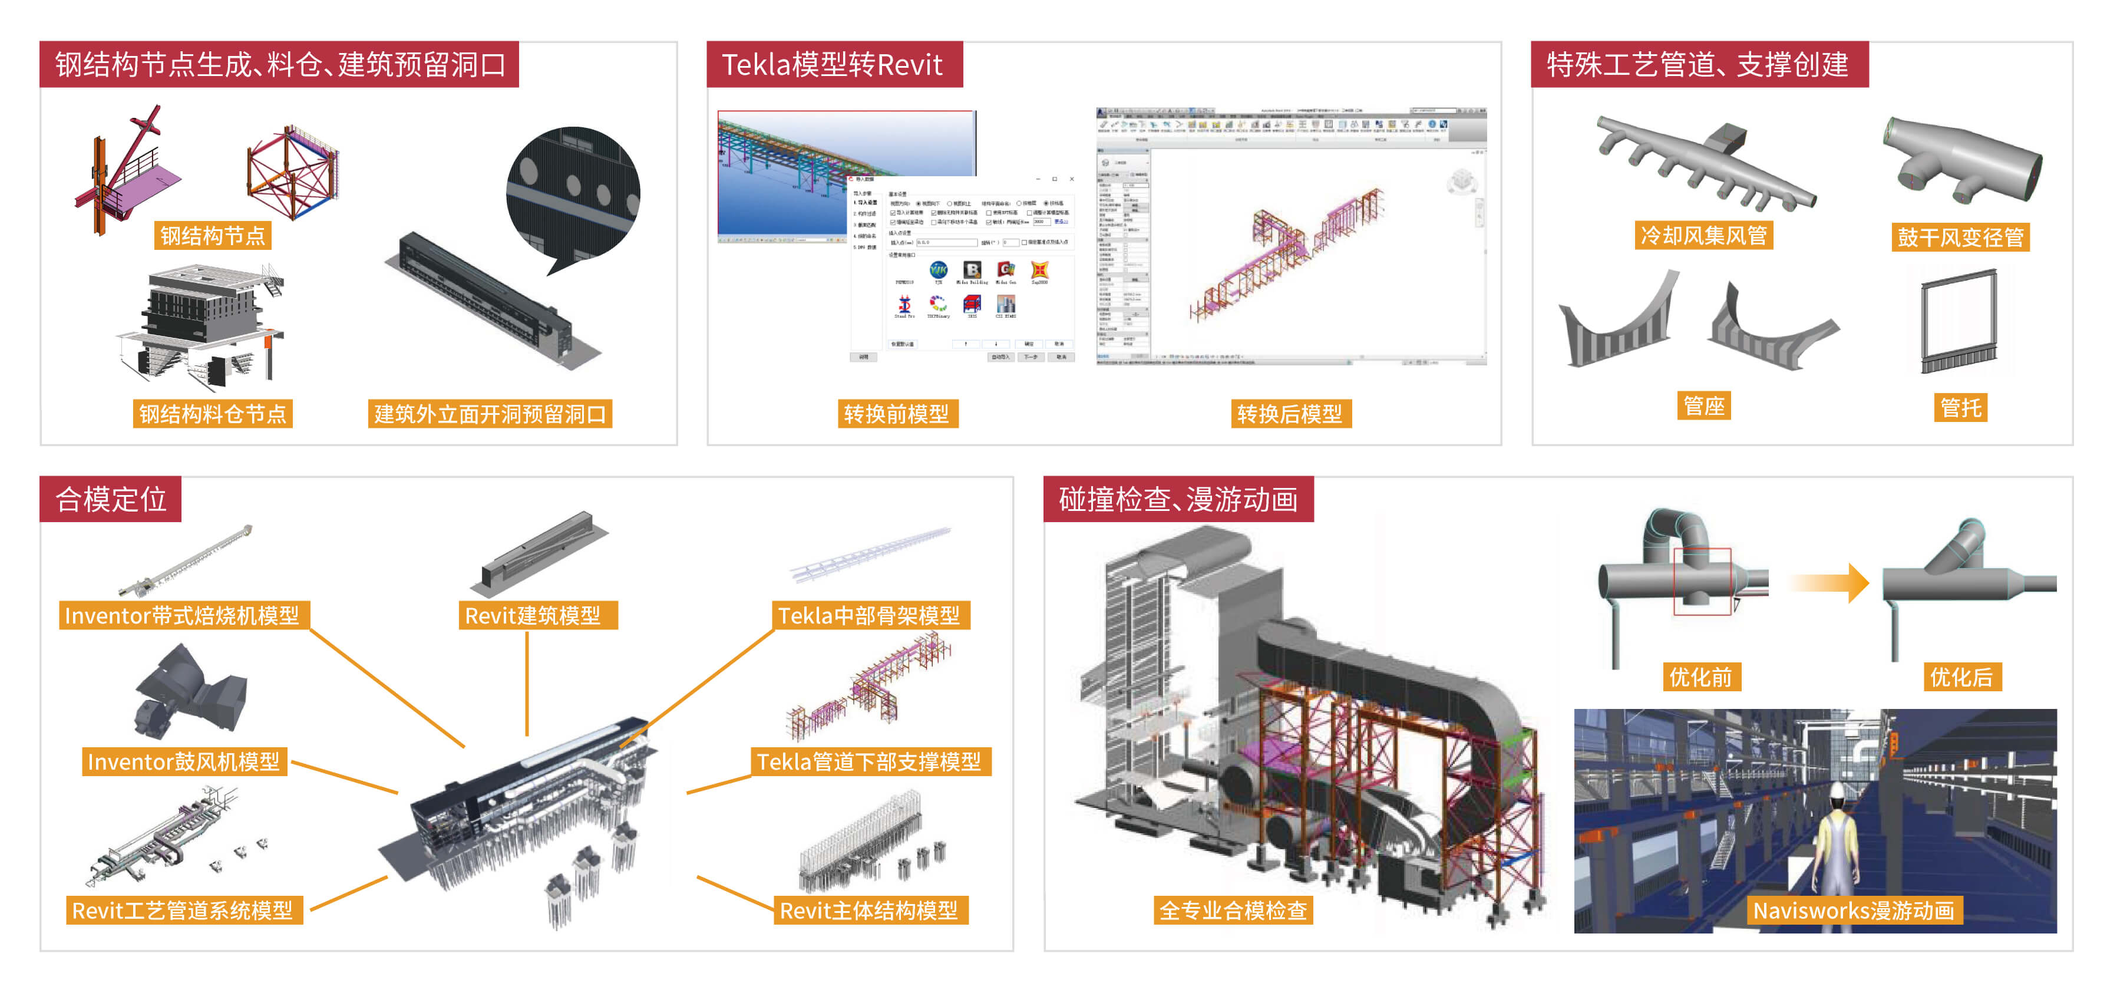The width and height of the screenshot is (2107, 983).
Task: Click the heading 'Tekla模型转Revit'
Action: click(833, 65)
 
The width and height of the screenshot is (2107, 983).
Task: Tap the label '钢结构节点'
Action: click(213, 236)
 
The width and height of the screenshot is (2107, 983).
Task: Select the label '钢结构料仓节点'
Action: click(213, 414)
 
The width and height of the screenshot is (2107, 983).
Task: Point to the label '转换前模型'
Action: click(896, 414)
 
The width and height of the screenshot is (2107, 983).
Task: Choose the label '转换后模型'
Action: click(1290, 414)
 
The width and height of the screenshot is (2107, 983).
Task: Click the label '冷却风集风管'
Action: click(1704, 236)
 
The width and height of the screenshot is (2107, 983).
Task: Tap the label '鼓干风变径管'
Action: click(1961, 237)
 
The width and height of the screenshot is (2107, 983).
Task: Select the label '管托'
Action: click(1961, 407)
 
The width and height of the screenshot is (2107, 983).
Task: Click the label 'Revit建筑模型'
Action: click(533, 615)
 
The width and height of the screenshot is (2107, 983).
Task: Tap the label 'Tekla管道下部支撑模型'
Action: click(868, 761)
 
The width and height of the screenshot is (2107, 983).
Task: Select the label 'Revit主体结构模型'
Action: click(868, 910)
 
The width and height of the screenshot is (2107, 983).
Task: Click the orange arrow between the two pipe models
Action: click(1832, 583)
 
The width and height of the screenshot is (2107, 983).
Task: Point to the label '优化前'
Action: click(1701, 677)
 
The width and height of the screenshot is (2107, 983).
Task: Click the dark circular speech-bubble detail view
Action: click(573, 192)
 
